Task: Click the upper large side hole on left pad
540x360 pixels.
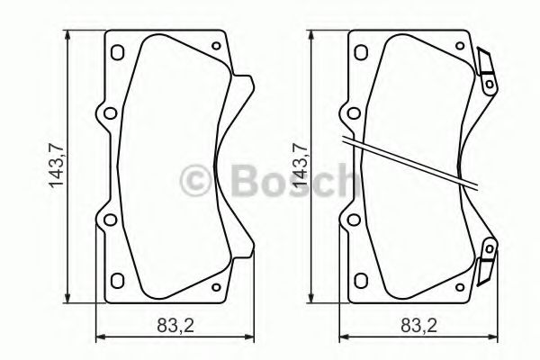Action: pyautogui.click(x=109, y=114)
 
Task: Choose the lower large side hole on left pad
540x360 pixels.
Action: pyautogui.click(x=109, y=220)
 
